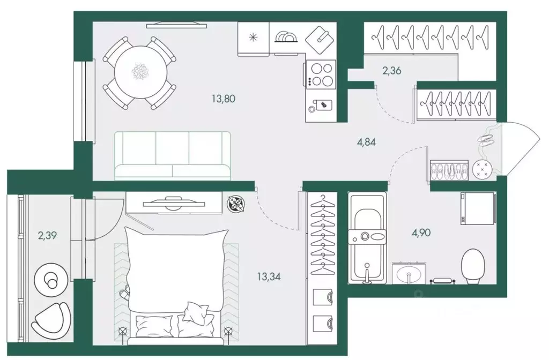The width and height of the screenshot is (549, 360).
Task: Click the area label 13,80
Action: (x=224, y=99)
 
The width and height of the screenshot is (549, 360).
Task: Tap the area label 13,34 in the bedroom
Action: (x=269, y=277)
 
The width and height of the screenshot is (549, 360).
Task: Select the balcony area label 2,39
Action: (x=47, y=236)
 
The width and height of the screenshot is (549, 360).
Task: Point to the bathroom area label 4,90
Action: (x=421, y=232)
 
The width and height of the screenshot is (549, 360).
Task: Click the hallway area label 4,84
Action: (x=367, y=142)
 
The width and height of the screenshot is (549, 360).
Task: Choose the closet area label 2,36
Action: (x=392, y=71)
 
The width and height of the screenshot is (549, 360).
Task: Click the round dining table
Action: (x=141, y=72)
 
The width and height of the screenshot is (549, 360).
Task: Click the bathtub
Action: (x=367, y=237)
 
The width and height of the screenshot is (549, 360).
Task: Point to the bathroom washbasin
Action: (x=409, y=273)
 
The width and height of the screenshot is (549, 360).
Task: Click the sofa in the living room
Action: (x=173, y=156)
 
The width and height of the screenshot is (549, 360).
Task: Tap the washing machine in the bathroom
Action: (x=478, y=208)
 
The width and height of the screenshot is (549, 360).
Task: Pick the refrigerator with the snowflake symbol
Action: (x=253, y=39)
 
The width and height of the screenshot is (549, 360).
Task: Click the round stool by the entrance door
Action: (x=482, y=170)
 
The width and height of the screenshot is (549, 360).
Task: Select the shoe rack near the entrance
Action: (x=449, y=170)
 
